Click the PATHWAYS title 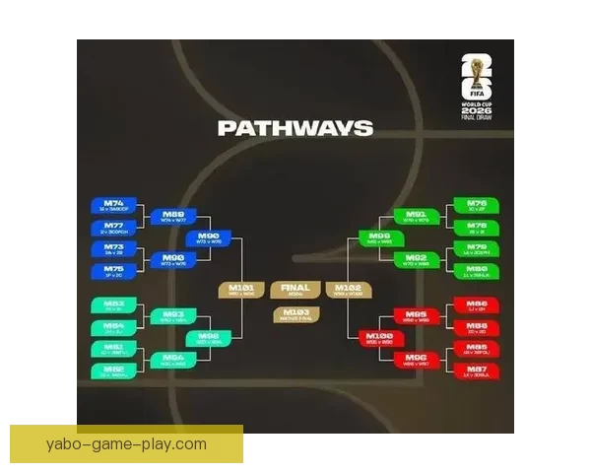[295, 128]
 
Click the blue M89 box [173, 216]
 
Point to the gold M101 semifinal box [241, 291]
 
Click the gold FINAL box [295, 291]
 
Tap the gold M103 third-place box [295, 314]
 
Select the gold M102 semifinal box [351, 291]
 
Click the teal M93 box [173, 316]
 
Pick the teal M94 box [173, 360]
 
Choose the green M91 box [417, 216]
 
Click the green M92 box [417, 260]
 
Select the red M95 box [417, 316]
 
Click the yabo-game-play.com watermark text [126, 443]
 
